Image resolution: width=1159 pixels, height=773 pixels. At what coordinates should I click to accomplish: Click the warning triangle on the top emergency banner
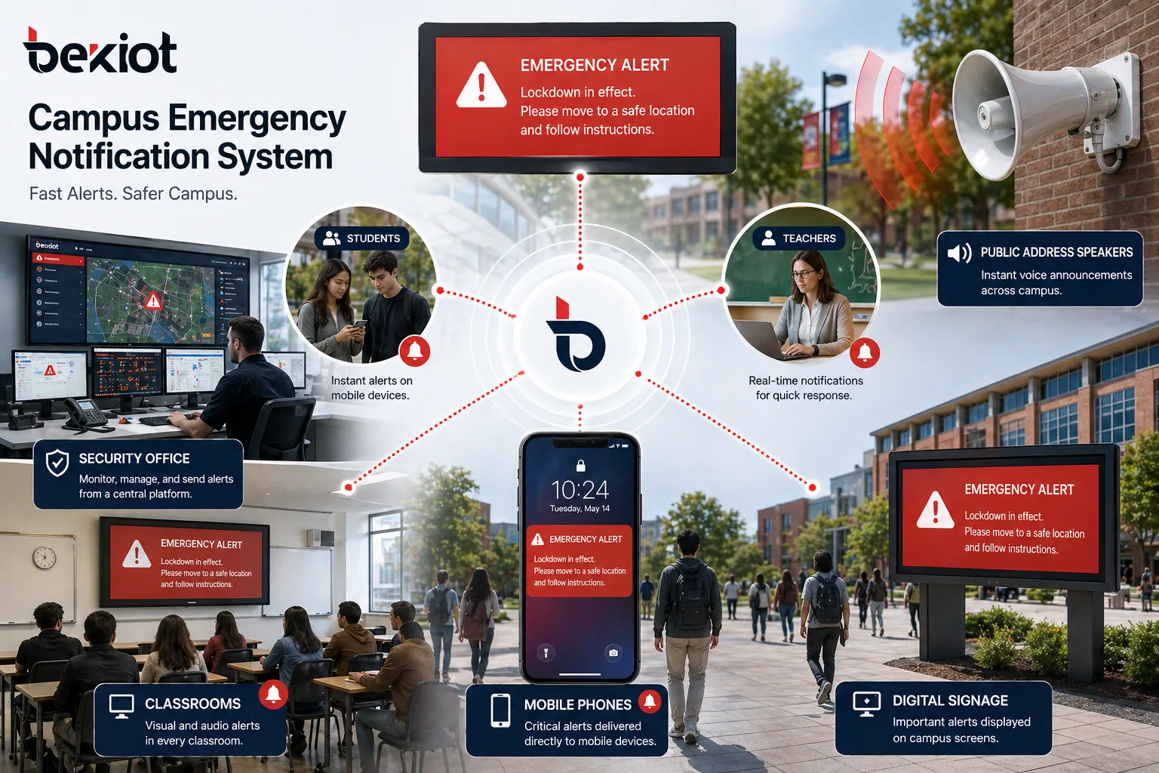[481, 86]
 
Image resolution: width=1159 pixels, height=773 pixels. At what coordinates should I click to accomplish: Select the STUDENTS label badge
[362, 239]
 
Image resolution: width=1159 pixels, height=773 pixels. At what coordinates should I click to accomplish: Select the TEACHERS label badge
[799, 239]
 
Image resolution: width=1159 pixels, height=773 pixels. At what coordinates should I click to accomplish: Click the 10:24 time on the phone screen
[579, 490]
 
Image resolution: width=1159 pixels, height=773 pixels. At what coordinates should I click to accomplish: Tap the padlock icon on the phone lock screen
[580, 465]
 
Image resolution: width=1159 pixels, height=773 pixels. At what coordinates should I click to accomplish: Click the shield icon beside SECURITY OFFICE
[57, 463]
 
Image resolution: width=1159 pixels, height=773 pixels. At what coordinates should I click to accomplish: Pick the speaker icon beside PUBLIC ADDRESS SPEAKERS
[959, 253]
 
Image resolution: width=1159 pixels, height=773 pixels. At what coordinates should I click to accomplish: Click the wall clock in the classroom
[45, 557]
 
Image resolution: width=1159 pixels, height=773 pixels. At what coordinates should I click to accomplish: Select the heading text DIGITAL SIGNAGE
[950, 701]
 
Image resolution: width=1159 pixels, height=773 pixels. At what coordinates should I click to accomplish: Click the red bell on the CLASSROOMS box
[273, 694]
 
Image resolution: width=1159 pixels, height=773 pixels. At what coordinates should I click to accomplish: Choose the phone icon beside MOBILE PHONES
[500, 710]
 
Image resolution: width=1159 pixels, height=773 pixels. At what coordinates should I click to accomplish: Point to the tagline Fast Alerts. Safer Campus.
[133, 194]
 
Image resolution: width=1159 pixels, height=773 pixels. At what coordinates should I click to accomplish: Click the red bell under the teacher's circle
[865, 352]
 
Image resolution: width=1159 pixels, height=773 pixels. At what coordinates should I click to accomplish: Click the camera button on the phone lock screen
[613, 652]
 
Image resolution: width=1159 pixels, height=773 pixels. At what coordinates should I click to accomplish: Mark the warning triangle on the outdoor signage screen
[935, 510]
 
